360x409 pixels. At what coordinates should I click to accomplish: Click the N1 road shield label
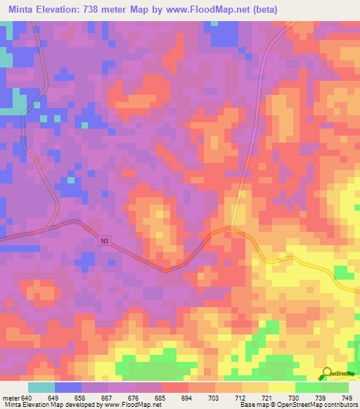click(x=105, y=241)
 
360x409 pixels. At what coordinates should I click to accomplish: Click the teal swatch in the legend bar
click(x=41, y=387)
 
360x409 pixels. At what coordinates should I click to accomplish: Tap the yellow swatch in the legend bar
click(x=282, y=387)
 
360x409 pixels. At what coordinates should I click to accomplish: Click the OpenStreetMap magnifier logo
click(x=328, y=375)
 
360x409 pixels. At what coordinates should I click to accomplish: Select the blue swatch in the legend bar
click(x=68, y=387)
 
